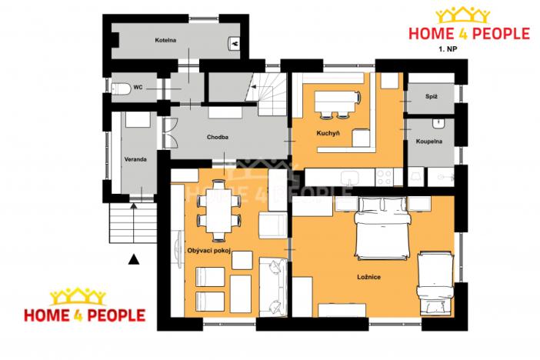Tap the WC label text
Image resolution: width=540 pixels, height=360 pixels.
coord(138,88)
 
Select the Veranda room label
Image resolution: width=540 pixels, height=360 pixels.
coord(136,160)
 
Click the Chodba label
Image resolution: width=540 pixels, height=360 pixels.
coord(218,138)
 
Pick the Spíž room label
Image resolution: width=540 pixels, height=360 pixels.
coord(431,96)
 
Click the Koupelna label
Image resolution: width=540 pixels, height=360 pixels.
coord(428,142)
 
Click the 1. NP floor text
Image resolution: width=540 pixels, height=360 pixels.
coord(447,48)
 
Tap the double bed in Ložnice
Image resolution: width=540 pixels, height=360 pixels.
coord(381,228)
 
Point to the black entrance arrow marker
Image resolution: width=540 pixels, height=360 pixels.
coord(135,259)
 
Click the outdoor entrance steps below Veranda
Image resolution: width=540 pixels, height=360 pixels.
coord(132,224)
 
